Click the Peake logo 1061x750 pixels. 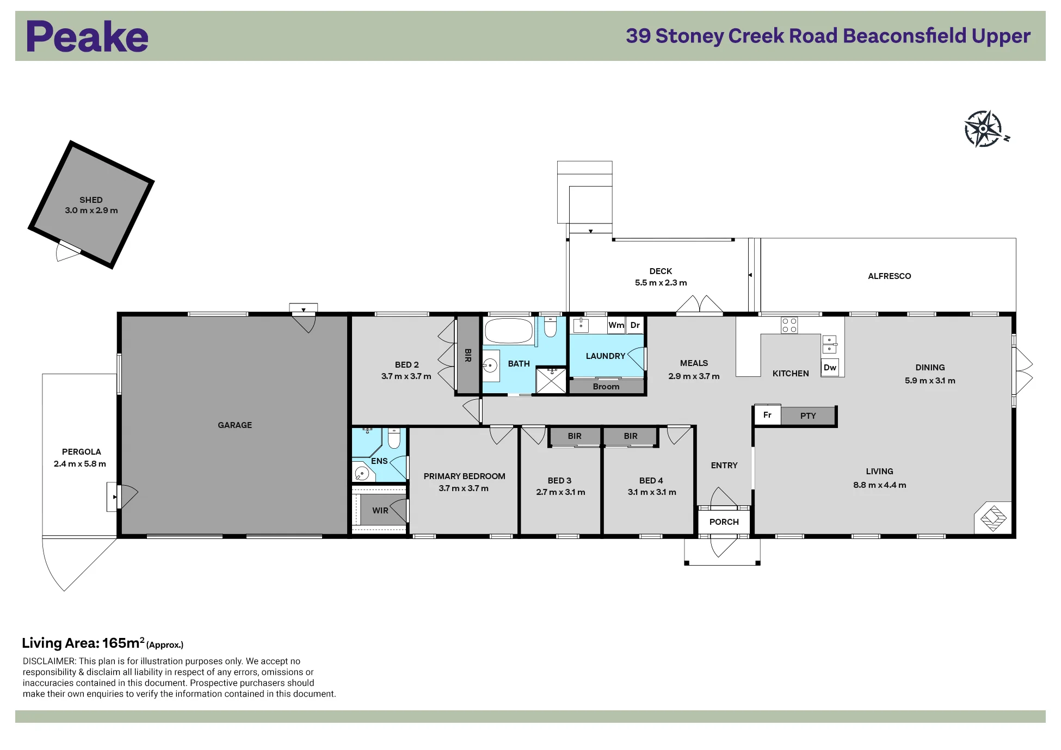(87, 36)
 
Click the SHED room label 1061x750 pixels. (91, 200)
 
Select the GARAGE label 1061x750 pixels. (235, 425)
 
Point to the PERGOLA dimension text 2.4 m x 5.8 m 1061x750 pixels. (80, 464)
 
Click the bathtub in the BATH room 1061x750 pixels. (509, 331)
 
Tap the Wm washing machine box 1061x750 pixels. (616, 325)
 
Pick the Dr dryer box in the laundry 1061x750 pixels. (635, 325)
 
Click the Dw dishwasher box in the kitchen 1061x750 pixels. (830, 368)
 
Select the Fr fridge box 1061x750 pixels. (767, 415)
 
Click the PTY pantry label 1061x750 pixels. (808, 416)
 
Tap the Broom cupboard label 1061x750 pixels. (606, 387)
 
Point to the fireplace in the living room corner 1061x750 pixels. (994, 517)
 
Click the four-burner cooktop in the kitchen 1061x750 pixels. (789, 325)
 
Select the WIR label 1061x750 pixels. (380, 511)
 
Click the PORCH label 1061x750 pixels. (724, 522)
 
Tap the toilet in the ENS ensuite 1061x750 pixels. (394, 438)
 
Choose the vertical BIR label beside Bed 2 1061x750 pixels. (468, 356)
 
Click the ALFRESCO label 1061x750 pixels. (890, 276)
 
